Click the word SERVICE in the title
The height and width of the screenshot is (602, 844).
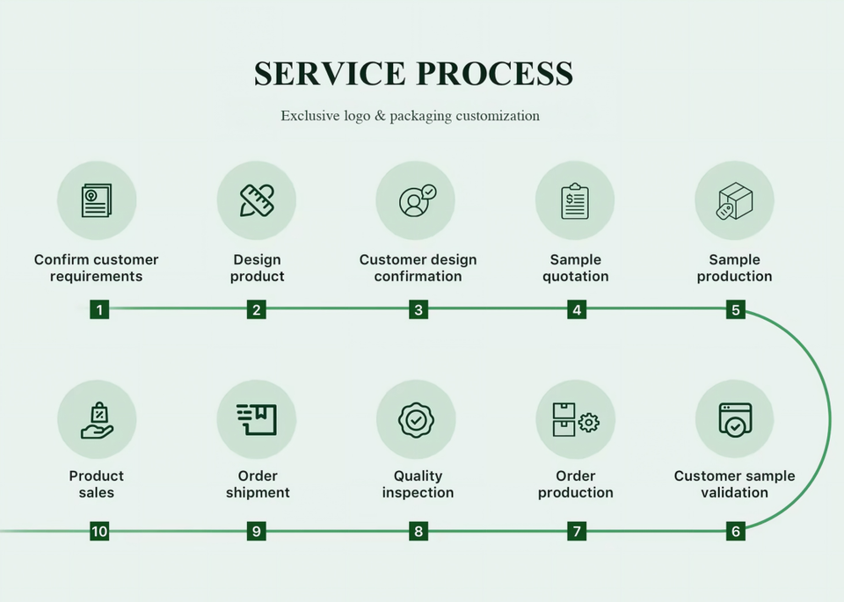click(x=330, y=74)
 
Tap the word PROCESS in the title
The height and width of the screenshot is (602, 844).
click(x=495, y=74)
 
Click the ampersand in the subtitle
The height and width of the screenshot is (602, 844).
click(x=381, y=116)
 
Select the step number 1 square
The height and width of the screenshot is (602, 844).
click(x=99, y=309)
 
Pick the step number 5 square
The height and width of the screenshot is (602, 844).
click(x=736, y=309)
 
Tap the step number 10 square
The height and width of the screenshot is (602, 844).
click(x=99, y=532)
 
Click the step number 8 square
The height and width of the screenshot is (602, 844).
click(x=418, y=532)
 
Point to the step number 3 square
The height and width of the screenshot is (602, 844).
click(x=418, y=309)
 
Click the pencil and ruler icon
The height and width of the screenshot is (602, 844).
click(x=257, y=200)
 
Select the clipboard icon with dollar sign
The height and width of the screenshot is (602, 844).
click(x=575, y=200)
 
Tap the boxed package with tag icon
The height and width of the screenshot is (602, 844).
click(x=734, y=200)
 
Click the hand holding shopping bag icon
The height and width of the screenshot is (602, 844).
click(x=97, y=420)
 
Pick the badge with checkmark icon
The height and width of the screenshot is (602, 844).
click(x=416, y=420)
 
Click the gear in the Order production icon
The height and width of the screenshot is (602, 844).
click(x=589, y=423)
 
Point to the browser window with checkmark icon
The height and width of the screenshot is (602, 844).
click(x=735, y=419)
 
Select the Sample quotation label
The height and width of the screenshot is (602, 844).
click(x=575, y=268)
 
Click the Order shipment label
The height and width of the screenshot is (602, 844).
click(x=258, y=484)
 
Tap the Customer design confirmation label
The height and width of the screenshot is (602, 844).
click(x=418, y=268)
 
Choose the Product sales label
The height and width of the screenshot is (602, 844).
click(x=97, y=484)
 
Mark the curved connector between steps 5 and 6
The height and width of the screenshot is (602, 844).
click(x=829, y=419)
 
